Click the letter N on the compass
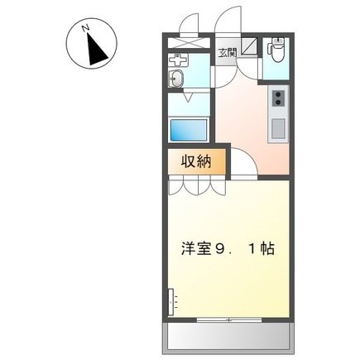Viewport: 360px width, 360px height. coord(85,31)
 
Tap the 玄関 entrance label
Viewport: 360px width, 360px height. coord(227,52)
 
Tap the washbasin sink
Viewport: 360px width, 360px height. coord(175,79)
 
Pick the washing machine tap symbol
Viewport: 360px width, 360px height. coord(176,61)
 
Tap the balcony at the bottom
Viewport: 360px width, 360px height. coord(229,335)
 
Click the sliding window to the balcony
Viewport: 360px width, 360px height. coord(230,319)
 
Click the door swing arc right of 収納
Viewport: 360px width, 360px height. coord(240,166)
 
